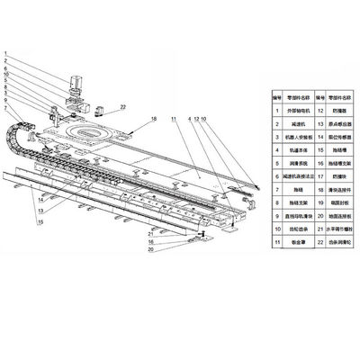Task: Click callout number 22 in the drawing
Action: (x=124, y=107)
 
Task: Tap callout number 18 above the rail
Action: (x=154, y=119)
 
